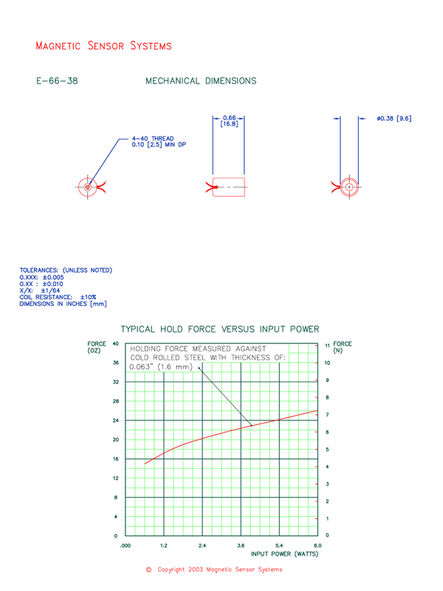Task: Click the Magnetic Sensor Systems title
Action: point(103,46)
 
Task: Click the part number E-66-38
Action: point(56,81)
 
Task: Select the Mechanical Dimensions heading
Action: point(201,81)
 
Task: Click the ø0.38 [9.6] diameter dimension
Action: point(394,118)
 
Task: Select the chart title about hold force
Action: point(219,329)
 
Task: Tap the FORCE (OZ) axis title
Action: point(97,346)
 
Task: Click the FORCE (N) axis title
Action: point(343,346)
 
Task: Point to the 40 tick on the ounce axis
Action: point(116,344)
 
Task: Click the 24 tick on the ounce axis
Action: point(116,420)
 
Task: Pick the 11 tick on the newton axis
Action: point(327,346)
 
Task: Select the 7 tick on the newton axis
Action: point(327,415)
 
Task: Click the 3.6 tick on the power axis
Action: point(241,544)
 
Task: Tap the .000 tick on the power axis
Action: point(126,544)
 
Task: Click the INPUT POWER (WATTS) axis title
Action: point(285,553)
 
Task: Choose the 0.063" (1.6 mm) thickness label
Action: point(161,366)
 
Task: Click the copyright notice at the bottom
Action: point(214,570)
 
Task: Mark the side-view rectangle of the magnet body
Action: point(229,188)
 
